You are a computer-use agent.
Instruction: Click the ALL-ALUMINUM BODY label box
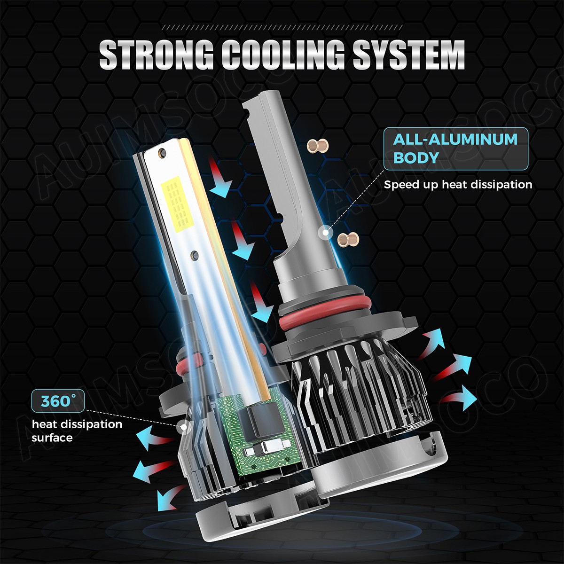456,149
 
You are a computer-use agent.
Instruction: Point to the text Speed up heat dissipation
458,185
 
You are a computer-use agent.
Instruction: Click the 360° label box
58,401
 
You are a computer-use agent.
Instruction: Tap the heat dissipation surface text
77,431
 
